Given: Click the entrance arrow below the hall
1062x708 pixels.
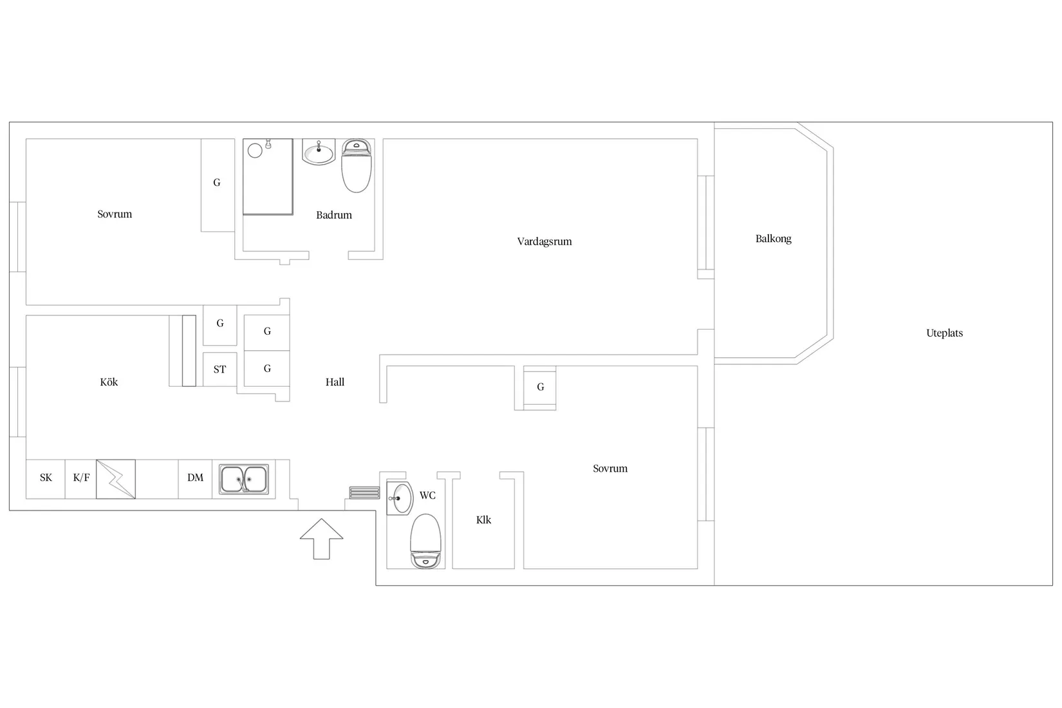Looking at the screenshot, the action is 321,539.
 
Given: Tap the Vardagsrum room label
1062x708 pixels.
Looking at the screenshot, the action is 545,242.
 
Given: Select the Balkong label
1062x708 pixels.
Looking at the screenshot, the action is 773,239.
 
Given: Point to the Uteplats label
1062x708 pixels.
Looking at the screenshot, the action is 944,333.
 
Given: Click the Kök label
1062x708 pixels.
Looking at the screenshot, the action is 109,382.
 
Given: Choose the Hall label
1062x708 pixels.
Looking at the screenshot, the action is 335,382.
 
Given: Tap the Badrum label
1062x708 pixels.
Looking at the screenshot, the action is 334,215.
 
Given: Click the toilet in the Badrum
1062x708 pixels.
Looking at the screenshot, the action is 356,165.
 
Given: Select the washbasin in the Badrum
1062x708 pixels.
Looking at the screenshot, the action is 319,152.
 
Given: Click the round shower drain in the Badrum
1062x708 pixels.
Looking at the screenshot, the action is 255,151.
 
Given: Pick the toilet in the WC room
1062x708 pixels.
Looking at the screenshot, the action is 425,541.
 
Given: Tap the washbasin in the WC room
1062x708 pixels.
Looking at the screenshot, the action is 400,498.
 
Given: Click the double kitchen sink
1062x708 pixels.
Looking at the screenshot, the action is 244,479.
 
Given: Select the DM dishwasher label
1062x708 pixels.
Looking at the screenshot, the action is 195,478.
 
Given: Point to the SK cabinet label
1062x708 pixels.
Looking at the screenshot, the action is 46,478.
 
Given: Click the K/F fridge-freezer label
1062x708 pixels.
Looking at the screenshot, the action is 81,478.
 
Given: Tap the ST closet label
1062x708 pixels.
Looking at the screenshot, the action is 219,369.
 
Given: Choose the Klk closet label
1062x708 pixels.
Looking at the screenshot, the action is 483,520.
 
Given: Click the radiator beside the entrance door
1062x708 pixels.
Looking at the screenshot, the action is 364,493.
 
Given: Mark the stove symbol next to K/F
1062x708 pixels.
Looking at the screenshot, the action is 116,479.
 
